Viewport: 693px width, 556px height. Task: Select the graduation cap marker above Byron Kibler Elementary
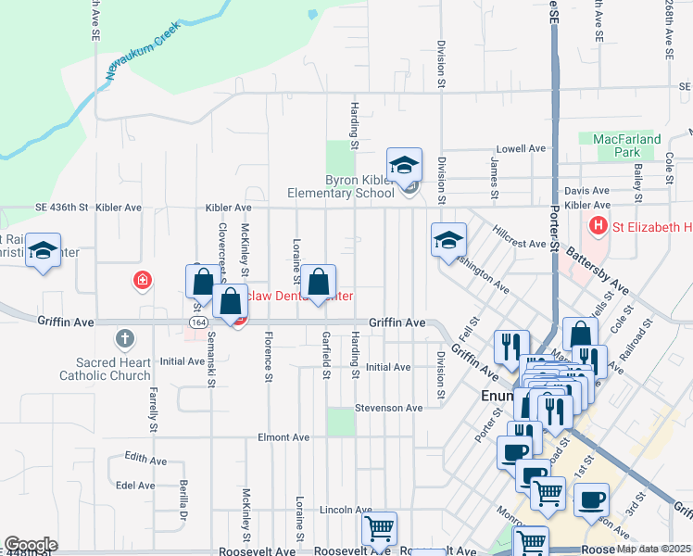(x=404, y=166)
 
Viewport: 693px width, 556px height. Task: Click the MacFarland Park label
(x=627, y=145)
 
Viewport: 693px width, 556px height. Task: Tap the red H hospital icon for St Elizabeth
(x=598, y=224)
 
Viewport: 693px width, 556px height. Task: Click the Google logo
(x=31, y=545)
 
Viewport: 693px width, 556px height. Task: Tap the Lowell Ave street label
(x=522, y=148)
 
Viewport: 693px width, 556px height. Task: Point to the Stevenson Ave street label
(x=389, y=408)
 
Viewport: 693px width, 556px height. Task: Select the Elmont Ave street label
(x=283, y=436)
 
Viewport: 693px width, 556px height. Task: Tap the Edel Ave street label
(x=135, y=485)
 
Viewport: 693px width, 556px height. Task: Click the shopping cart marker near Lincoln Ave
(x=379, y=529)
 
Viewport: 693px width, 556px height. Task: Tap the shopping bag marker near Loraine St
(x=318, y=283)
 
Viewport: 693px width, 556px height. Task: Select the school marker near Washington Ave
(x=448, y=240)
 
